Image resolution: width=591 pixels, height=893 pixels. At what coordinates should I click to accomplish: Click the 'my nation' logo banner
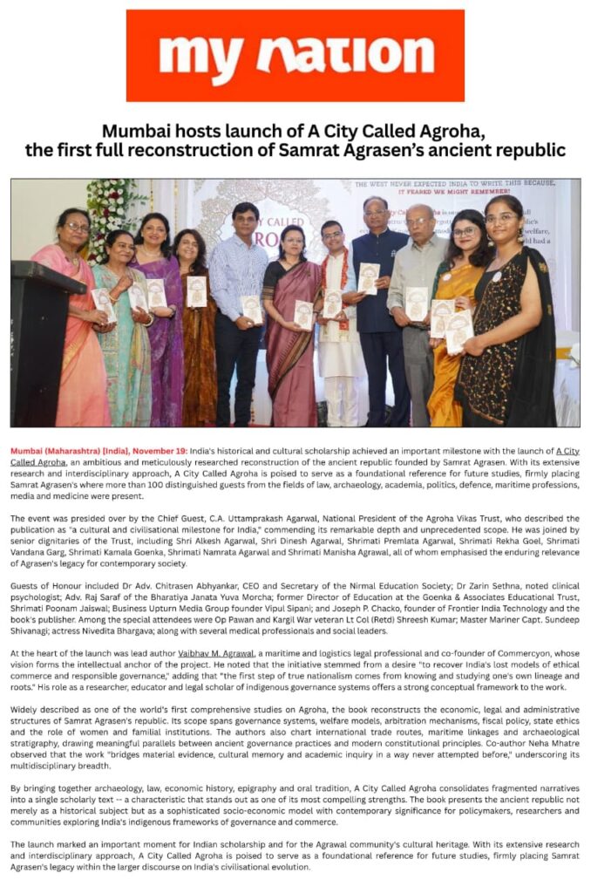pyautogui.click(x=295, y=56)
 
